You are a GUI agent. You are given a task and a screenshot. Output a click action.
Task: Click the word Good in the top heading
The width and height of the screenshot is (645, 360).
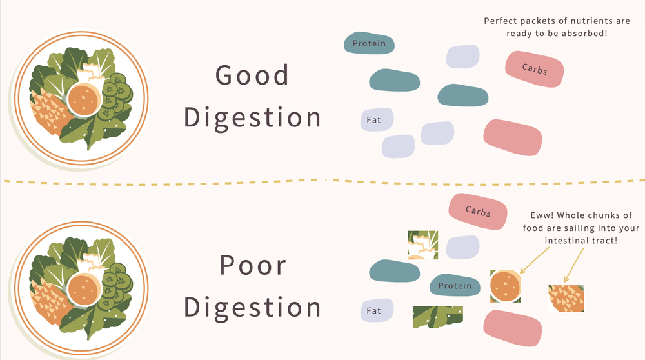coord(252,75)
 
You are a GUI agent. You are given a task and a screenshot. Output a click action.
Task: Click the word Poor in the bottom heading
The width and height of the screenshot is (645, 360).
coord(252,265)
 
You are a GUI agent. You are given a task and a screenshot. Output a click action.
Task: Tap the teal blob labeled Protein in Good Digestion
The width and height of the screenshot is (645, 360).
coord(369,44)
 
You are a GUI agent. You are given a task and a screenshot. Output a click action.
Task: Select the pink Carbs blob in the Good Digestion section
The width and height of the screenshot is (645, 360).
coord(535,68)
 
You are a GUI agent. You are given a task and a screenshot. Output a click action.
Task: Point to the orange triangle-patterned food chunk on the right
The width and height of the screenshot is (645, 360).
coord(566,299)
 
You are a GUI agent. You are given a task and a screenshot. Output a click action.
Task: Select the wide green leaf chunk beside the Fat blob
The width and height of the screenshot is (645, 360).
coord(438,316)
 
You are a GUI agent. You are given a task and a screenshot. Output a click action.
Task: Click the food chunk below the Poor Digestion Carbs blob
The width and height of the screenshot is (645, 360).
coord(422,245)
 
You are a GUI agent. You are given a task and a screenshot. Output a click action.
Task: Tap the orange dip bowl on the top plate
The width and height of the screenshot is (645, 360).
coord(84,98)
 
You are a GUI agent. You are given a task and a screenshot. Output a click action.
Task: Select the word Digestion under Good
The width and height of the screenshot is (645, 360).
coord(252,117)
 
